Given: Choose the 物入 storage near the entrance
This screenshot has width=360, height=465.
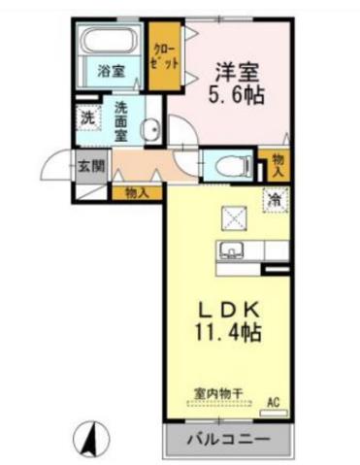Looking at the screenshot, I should coord(136,192).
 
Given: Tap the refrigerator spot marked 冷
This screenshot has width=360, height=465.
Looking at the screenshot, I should coord(276,198).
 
